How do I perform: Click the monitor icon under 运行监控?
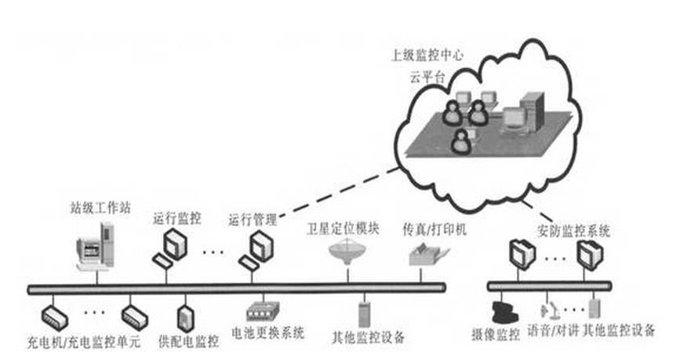point(173,249)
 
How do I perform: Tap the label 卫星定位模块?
point(343,230)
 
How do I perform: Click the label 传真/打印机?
point(428,230)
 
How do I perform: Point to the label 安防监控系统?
point(574,231)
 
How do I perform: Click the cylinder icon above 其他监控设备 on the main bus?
point(364,312)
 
